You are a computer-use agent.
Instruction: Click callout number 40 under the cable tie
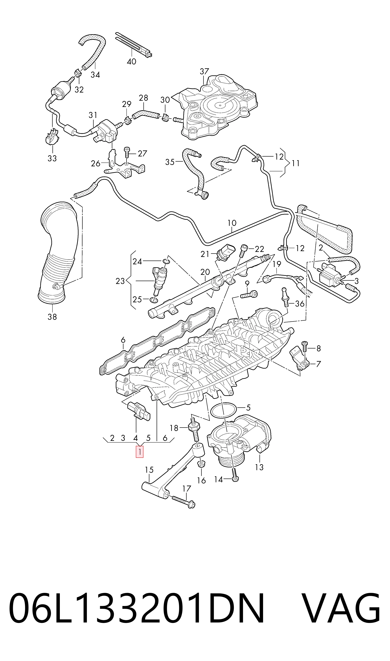(x=131, y=61)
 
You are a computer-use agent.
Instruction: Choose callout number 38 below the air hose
(x=52, y=317)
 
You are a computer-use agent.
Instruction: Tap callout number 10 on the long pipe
(x=232, y=223)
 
